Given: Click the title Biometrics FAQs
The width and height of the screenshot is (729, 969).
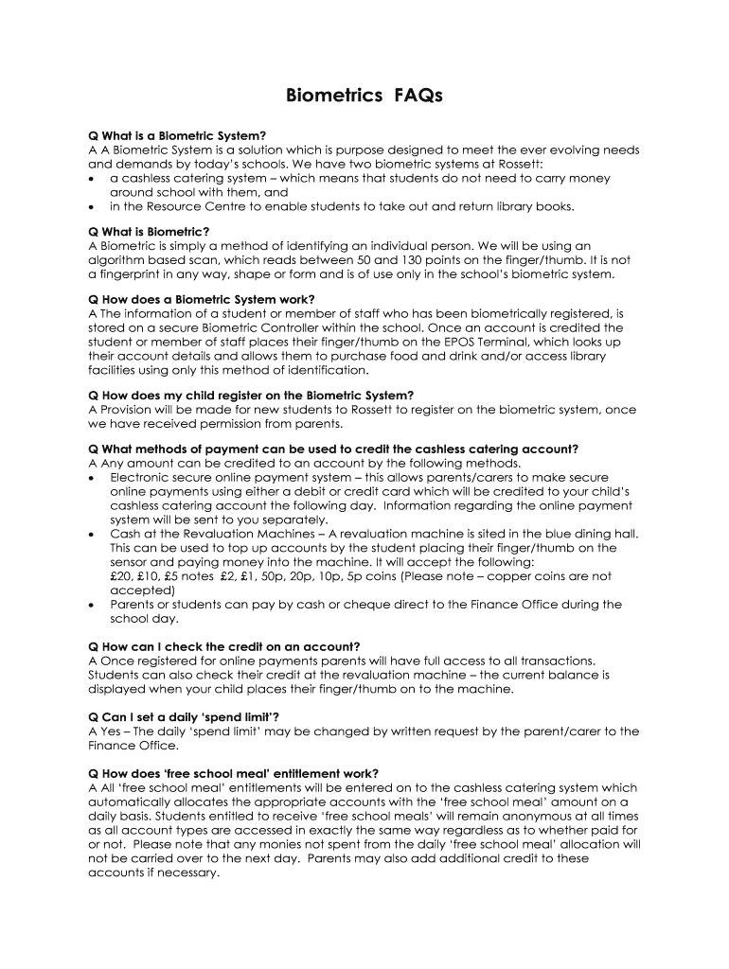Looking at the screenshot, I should pos(364,97).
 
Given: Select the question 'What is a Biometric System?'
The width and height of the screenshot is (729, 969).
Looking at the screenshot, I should pos(177,135).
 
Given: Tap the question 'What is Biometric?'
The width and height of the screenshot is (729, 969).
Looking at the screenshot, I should pos(149,232).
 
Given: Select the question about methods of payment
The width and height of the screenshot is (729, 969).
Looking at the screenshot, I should pos(333,449).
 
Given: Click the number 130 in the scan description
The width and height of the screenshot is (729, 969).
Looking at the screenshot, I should pos(407,260).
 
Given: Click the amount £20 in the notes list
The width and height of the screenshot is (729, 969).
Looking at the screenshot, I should pos(122,576).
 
